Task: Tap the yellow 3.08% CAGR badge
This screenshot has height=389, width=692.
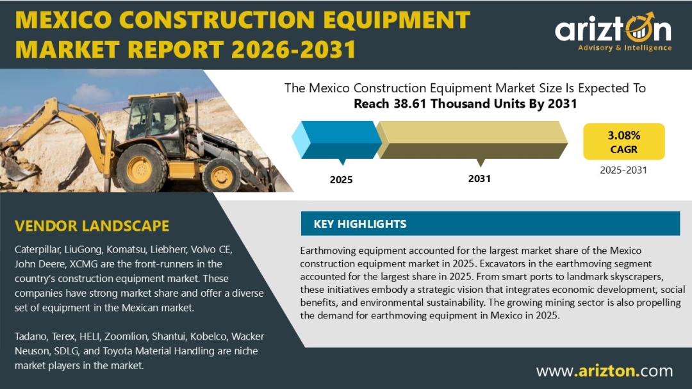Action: point(623,141)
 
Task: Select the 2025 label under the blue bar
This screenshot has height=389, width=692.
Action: point(341,179)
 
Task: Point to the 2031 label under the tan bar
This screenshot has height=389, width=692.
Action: point(479,179)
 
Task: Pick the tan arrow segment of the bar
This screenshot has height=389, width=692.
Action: point(472,140)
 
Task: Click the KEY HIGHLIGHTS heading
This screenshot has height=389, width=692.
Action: point(359,224)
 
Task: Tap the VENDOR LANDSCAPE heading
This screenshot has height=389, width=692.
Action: point(92,226)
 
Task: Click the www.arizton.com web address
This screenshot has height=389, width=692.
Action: point(605,371)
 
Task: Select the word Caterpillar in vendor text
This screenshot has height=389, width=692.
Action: point(37,249)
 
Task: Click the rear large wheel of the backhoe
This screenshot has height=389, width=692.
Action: point(141,169)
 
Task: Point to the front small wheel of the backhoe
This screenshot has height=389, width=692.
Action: point(222,176)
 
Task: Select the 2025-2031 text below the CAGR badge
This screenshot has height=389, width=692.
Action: point(623,170)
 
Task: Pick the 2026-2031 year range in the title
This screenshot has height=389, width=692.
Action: point(293,49)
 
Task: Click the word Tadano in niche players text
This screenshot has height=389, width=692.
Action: point(31,336)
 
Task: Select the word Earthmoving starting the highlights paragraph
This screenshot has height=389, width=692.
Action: point(328,251)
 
